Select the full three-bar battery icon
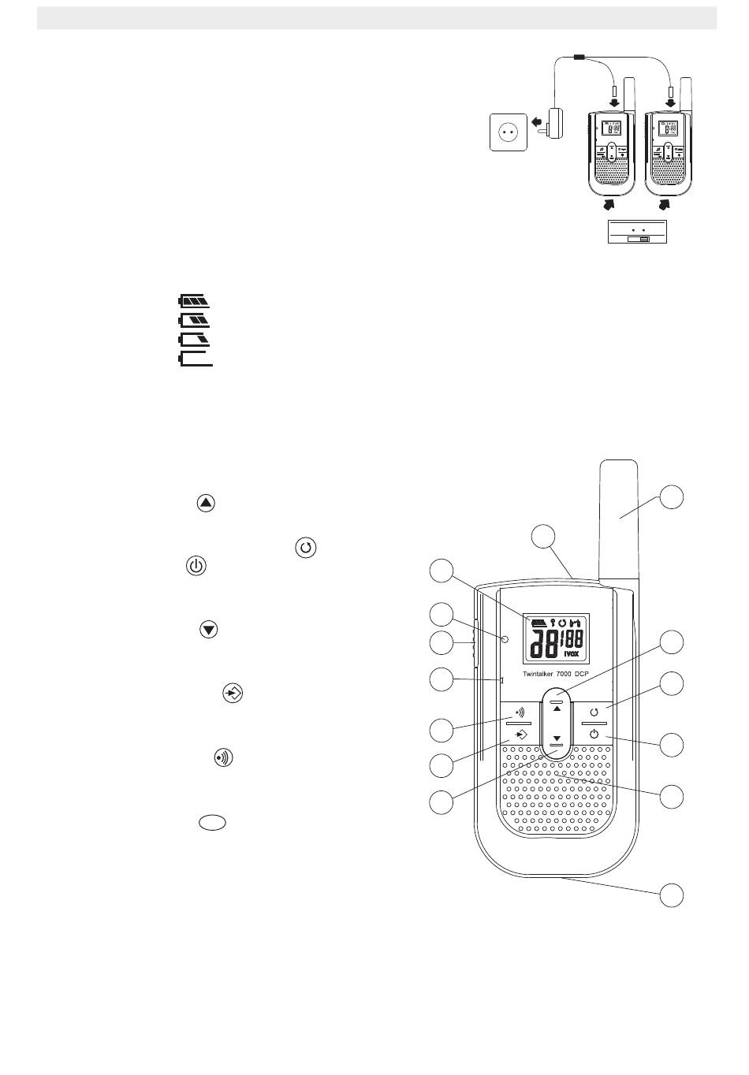click(x=196, y=301)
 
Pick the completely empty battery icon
click(x=196, y=359)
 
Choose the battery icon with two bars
click(x=196, y=320)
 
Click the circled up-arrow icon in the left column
click(x=206, y=504)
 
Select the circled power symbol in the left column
click(x=196, y=567)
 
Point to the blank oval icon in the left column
click(x=212, y=822)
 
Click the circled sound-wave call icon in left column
click(x=224, y=757)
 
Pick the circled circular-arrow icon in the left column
click(x=306, y=548)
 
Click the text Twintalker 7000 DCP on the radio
click(x=555, y=675)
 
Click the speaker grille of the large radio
click(x=557, y=796)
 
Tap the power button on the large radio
click(x=594, y=735)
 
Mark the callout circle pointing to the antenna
click(x=672, y=497)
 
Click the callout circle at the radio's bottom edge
click(x=672, y=895)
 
